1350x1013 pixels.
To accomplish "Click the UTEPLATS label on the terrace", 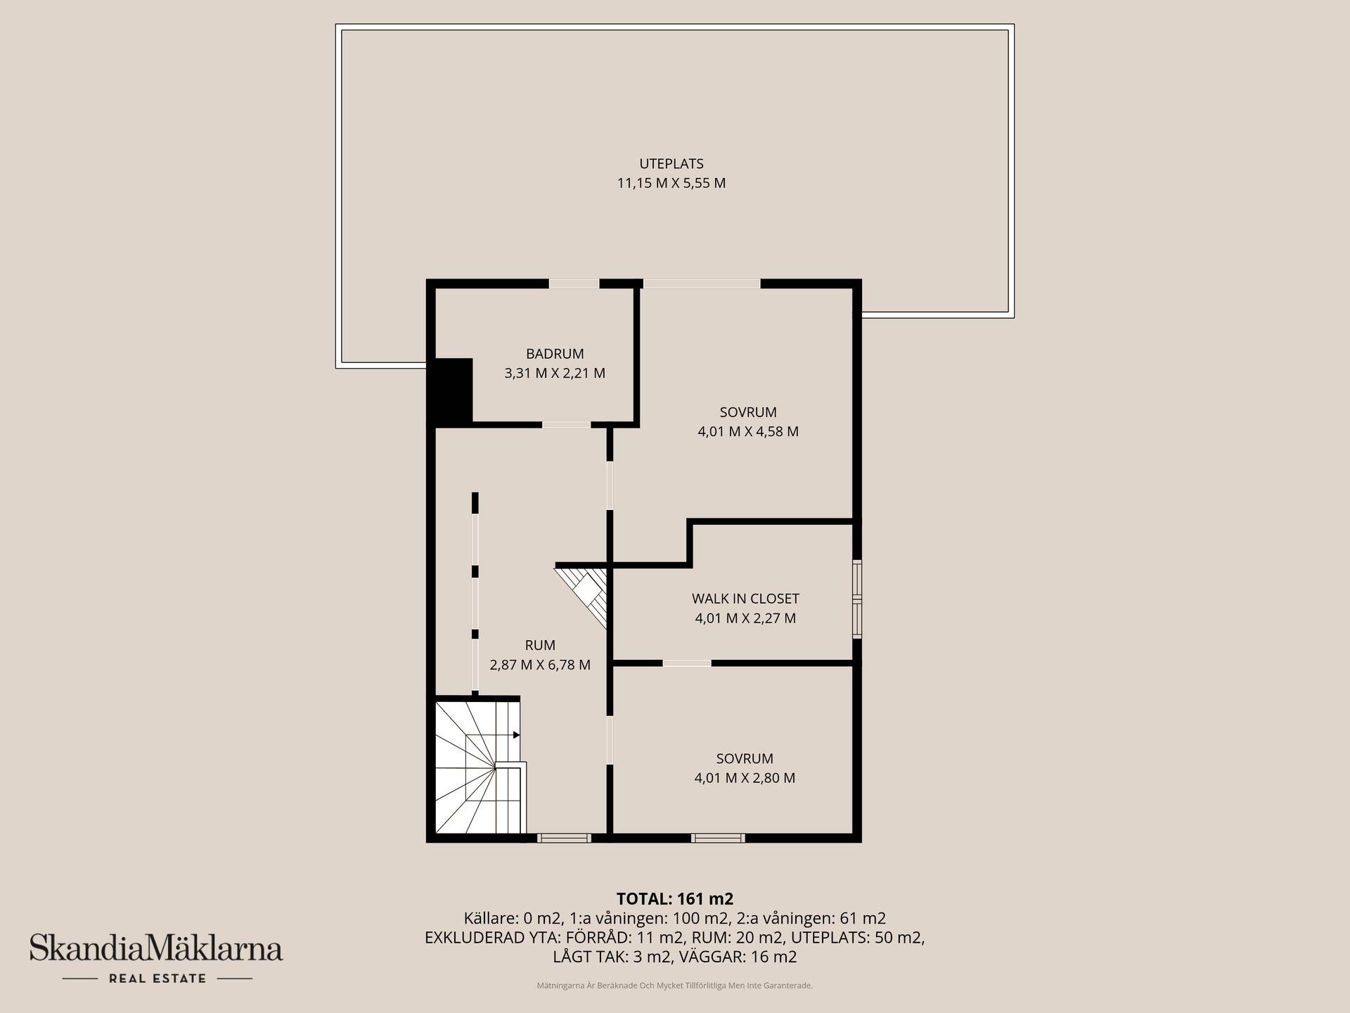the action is [671, 164].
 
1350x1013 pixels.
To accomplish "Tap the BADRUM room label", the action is [555, 354].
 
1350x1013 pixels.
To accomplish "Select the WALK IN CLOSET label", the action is [745, 599].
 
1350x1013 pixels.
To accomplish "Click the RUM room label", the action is [540, 645].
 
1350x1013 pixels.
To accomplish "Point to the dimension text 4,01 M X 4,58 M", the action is [748, 431].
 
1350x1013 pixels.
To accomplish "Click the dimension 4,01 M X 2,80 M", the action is [745, 778].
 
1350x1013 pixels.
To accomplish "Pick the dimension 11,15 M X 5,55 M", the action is [671, 184].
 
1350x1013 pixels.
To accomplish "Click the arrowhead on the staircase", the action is [517, 735].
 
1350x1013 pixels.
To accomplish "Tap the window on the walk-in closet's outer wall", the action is [857, 599].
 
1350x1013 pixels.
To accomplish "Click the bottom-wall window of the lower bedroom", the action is [718, 838].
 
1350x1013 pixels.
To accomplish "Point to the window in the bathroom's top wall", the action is [574, 284].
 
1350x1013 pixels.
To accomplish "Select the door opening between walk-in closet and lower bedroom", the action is [687, 663].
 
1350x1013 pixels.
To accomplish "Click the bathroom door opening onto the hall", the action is [566, 425].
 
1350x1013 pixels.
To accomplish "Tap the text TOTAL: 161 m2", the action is [675, 899].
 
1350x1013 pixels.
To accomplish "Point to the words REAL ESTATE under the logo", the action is [157, 979].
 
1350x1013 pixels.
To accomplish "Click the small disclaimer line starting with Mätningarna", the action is [675, 986].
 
